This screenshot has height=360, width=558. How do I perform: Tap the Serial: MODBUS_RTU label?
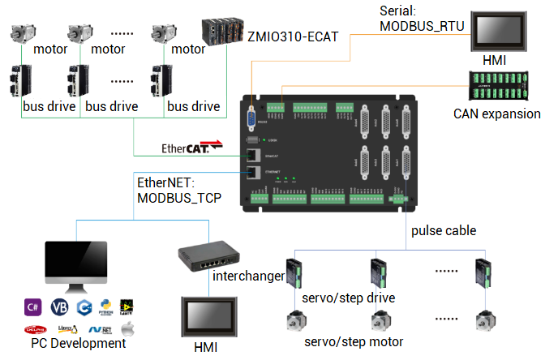pos(422,19)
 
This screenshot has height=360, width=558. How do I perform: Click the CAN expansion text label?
pos(496,114)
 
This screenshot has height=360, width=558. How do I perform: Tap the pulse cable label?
pos(444,230)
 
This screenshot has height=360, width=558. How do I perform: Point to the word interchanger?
pos(248,276)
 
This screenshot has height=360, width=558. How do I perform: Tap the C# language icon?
pos(33,307)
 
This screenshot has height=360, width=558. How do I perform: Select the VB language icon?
pos(58,307)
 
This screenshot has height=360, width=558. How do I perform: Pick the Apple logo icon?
pos(127,329)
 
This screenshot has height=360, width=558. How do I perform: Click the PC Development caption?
pos(79,344)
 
